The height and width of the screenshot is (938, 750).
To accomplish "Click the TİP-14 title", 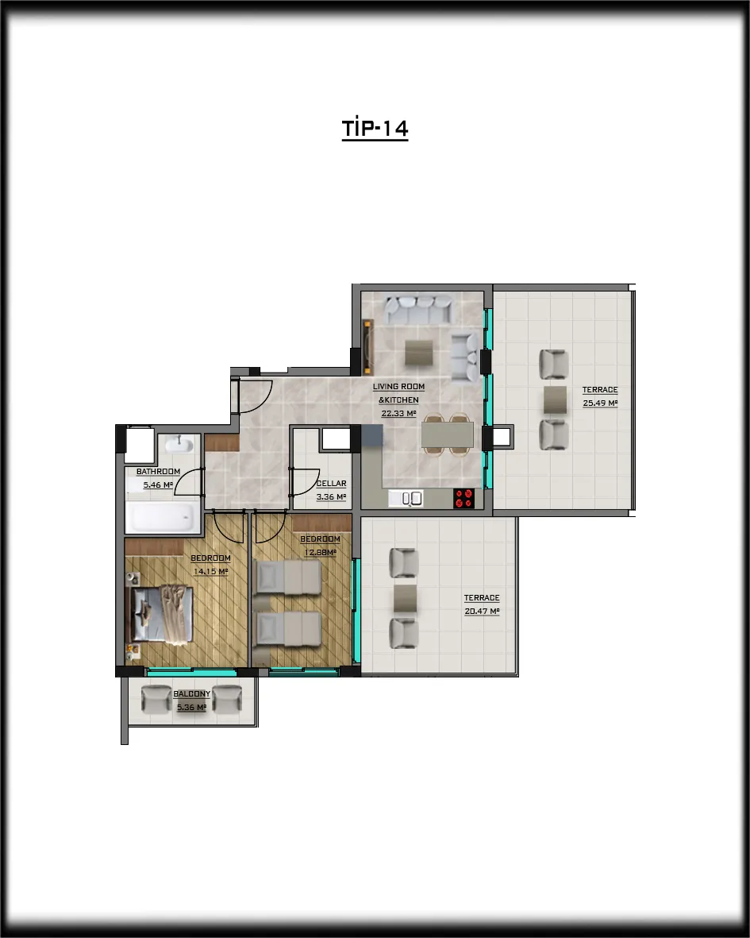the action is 375,129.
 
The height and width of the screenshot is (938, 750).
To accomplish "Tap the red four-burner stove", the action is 463,498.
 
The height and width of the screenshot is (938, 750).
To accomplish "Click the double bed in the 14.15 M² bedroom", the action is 161,615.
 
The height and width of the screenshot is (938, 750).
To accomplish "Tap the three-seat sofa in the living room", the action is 418,309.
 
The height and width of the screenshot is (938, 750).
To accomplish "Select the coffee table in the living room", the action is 419,353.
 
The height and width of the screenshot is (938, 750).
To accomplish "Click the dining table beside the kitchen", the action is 448,435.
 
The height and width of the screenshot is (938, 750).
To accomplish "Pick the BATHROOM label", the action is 158,472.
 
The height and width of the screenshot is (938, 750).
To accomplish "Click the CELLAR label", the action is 331,484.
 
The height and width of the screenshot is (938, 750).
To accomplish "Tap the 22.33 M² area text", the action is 398,413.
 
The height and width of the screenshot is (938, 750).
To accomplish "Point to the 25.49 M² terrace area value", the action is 600,403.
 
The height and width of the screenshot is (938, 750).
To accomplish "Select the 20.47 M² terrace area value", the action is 482,612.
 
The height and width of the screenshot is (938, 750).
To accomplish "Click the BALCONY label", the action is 192,694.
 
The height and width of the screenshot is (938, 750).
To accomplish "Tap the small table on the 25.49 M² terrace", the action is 556,400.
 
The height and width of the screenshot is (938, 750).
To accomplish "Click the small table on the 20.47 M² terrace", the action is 406,598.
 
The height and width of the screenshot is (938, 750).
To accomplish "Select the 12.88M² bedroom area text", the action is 321,552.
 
